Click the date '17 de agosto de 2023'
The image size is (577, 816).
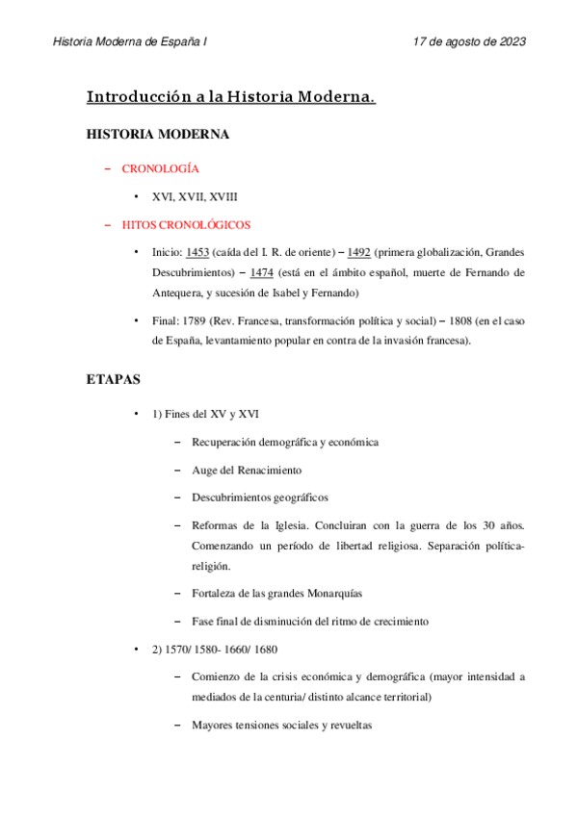(468, 42)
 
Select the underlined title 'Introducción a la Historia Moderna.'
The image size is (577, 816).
(231, 97)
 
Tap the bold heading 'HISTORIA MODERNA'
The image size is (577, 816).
(158, 135)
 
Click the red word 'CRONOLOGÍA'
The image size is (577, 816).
(161, 169)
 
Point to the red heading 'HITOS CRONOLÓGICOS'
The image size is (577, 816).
(186, 225)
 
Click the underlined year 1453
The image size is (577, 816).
(197, 253)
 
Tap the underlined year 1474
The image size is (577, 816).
(261, 273)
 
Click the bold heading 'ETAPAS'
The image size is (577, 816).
(114, 380)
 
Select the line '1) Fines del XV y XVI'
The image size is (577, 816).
(204, 415)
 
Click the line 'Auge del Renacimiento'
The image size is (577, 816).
(247, 470)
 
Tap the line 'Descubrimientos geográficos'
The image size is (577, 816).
(260, 497)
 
